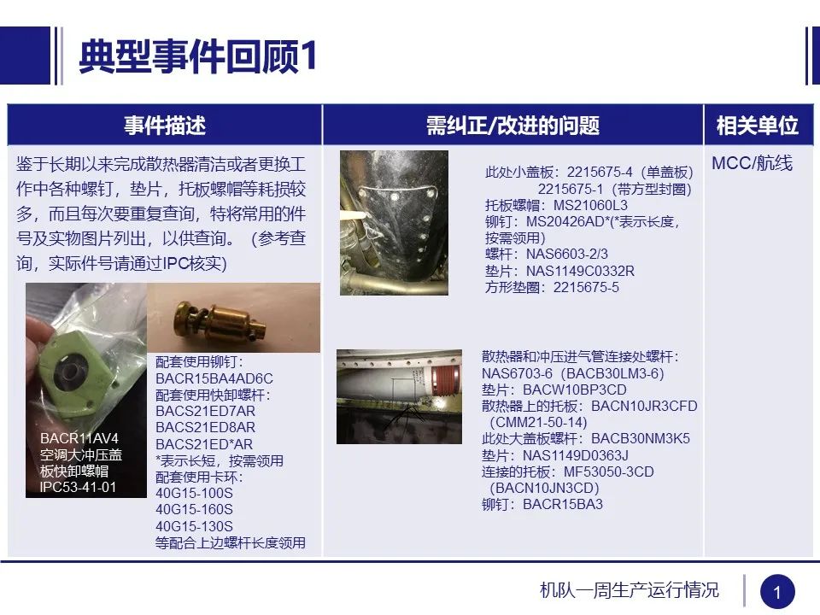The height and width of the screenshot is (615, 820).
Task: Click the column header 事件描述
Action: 165,126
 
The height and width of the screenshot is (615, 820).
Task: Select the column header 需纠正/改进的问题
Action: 512,126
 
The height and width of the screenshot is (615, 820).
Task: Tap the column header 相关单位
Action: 757,126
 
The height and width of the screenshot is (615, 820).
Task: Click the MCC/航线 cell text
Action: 752,163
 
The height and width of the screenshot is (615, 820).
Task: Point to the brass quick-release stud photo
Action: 232,317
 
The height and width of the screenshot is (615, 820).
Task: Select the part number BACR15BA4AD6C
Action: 214,378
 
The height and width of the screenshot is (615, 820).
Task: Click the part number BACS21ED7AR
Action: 205,411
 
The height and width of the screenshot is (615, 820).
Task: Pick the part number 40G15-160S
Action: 194,510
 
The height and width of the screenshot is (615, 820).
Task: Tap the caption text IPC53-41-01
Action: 79,488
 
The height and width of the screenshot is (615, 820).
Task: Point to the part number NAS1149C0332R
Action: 580,271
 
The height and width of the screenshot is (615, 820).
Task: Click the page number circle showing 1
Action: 776,592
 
